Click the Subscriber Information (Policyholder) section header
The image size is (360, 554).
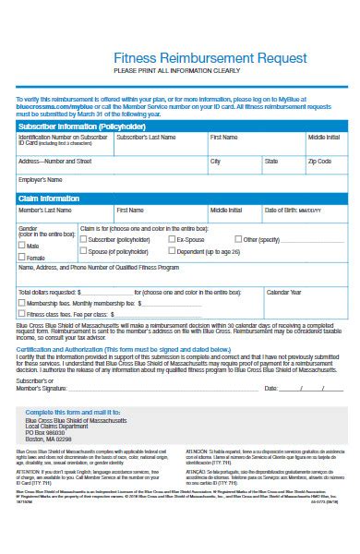tap(77, 126)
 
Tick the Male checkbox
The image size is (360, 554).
tap(22, 247)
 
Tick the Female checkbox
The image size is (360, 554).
tap(22, 258)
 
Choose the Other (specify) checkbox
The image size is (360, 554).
tap(237, 238)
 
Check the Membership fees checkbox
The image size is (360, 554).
tap(22, 303)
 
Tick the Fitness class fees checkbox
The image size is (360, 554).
tap(22, 313)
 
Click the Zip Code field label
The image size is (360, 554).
tap(319, 161)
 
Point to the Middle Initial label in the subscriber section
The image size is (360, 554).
tap(323, 138)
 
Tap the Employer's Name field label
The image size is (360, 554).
tap(41, 179)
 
